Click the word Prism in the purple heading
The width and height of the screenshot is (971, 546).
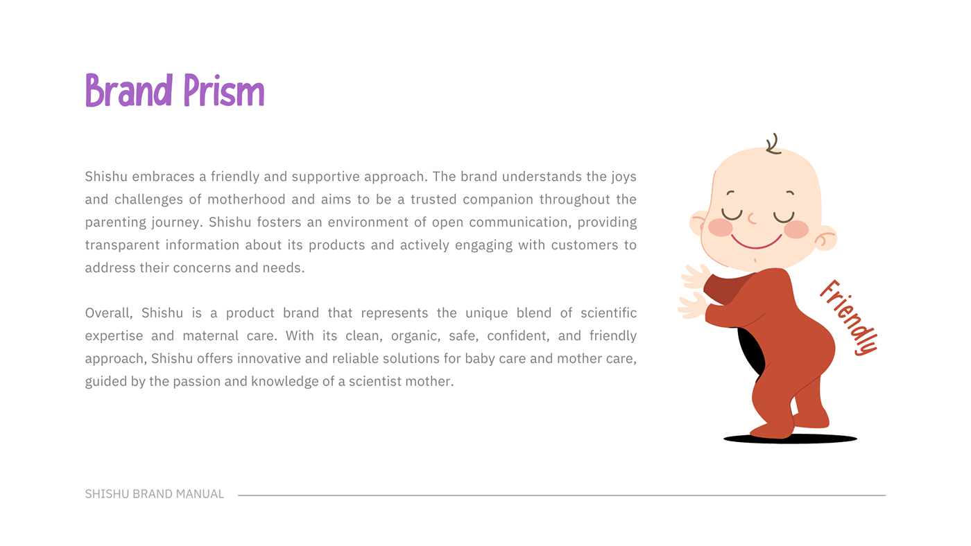[x=223, y=90]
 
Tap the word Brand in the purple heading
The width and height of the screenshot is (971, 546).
[x=129, y=90]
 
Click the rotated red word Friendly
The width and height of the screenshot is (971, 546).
[x=849, y=318]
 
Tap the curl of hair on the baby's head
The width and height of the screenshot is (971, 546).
[x=773, y=144]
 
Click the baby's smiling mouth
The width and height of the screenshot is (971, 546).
[x=756, y=242]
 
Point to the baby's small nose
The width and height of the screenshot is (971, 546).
[x=753, y=219]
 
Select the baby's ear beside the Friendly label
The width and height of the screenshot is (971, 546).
[x=825, y=238]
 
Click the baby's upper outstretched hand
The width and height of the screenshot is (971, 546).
[x=695, y=276]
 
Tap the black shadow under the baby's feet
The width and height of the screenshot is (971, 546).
[x=790, y=439]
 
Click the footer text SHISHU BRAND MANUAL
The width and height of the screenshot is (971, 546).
[x=154, y=494]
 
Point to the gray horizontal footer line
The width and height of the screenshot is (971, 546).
[x=562, y=495]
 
